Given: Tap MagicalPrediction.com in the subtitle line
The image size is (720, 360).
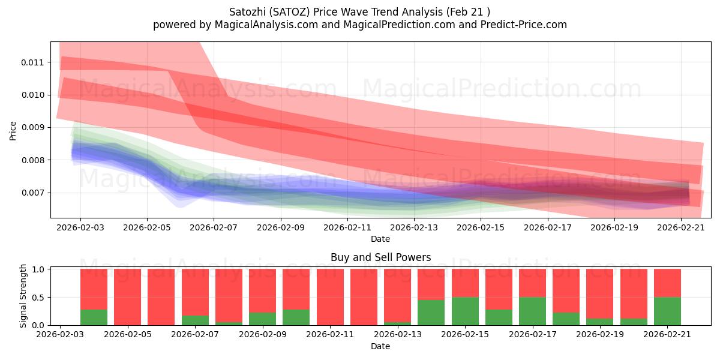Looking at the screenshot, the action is (x=399, y=25).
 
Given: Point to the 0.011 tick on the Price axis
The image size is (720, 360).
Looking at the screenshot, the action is (x=32, y=62).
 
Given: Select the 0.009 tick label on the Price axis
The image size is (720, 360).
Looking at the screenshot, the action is (x=32, y=128).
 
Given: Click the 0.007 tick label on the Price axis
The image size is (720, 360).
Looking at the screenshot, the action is (x=32, y=193).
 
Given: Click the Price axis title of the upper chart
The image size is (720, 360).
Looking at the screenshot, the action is (x=13, y=131).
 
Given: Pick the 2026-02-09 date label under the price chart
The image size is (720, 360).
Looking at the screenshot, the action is (x=281, y=227).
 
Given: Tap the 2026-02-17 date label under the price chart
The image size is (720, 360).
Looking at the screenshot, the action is (x=548, y=227).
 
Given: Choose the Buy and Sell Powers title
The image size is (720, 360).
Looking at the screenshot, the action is (x=380, y=257).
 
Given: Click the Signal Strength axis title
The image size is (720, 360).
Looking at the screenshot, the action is (x=23, y=296).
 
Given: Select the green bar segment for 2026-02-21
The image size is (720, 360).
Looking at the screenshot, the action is (x=667, y=311).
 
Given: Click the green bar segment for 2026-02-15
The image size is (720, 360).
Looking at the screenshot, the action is (x=465, y=311).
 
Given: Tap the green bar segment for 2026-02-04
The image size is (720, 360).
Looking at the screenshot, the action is (x=94, y=317).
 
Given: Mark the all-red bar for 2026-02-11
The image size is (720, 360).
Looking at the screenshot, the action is (x=330, y=297).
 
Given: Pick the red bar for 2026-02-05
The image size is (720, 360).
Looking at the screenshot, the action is (x=128, y=297).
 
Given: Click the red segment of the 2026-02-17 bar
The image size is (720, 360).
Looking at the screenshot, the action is (x=533, y=283).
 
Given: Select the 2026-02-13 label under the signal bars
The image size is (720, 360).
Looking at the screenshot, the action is (x=398, y=334).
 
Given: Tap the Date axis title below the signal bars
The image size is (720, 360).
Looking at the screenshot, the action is (x=380, y=346).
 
